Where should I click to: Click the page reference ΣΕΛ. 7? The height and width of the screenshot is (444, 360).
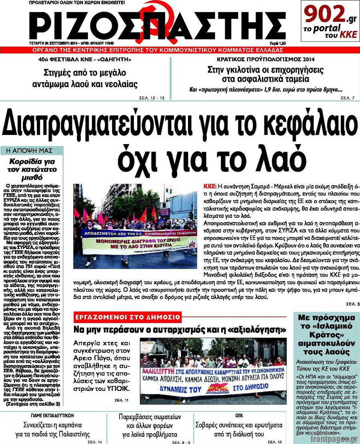point(347,98)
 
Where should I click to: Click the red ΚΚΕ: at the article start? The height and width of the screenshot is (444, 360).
point(210,187)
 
